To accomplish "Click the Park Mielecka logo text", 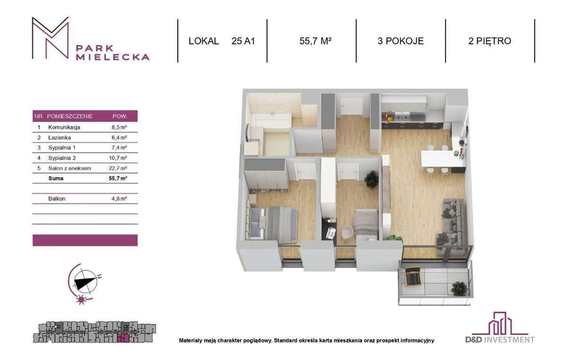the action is click(x=112, y=52).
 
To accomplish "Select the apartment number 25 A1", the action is click(x=243, y=41).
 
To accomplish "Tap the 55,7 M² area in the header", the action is click(x=316, y=41).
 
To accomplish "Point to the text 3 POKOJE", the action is click(x=401, y=41).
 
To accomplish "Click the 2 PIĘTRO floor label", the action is click(x=490, y=41).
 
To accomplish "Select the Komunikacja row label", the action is click(x=64, y=128).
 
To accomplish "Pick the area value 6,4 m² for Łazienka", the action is click(x=119, y=137).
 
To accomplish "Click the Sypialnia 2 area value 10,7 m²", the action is click(x=118, y=158).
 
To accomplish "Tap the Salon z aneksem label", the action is click(x=69, y=168).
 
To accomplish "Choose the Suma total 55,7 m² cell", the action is click(x=118, y=178).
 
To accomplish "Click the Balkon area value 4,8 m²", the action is click(x=119, y=199).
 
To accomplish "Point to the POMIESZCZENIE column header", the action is click(x=70, y=116).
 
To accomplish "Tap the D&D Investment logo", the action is click(x=500, y=328).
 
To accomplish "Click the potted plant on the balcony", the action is click(x=459, y=289).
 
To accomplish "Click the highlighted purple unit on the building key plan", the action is click(x=123, y=339).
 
